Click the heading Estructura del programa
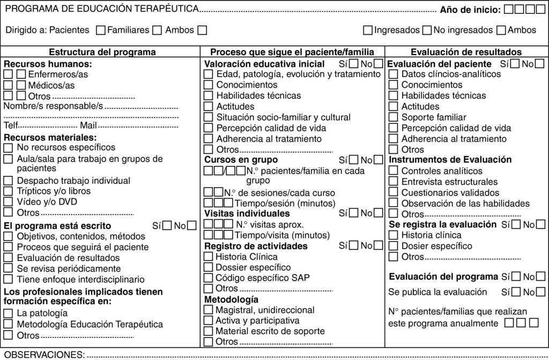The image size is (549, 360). (102, 52)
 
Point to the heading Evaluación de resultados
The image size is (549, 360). (466, 52)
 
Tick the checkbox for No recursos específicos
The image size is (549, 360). (8, 147)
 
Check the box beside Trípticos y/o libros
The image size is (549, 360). (8, 191)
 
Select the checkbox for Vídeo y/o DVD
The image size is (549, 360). (8, 202)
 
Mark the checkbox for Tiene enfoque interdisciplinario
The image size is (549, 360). (8, 279)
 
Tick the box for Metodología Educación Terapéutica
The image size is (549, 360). (8, 324)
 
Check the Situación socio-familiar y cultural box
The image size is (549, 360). (209, 117)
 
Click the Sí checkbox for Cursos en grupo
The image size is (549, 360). (354, 160)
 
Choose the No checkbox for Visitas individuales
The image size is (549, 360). (379, 213)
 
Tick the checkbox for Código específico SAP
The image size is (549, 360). (209, 277)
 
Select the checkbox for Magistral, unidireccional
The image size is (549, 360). (209, 310)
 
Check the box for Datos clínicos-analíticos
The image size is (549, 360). (393, 74)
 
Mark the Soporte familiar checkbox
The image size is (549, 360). (393, 117)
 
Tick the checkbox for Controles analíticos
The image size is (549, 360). (393, 171)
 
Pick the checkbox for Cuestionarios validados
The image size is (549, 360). (393, 192)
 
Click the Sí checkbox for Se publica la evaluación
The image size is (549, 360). (516, 292)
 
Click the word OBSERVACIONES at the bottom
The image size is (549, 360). (44, 355)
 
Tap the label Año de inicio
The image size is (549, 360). (470, 10)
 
